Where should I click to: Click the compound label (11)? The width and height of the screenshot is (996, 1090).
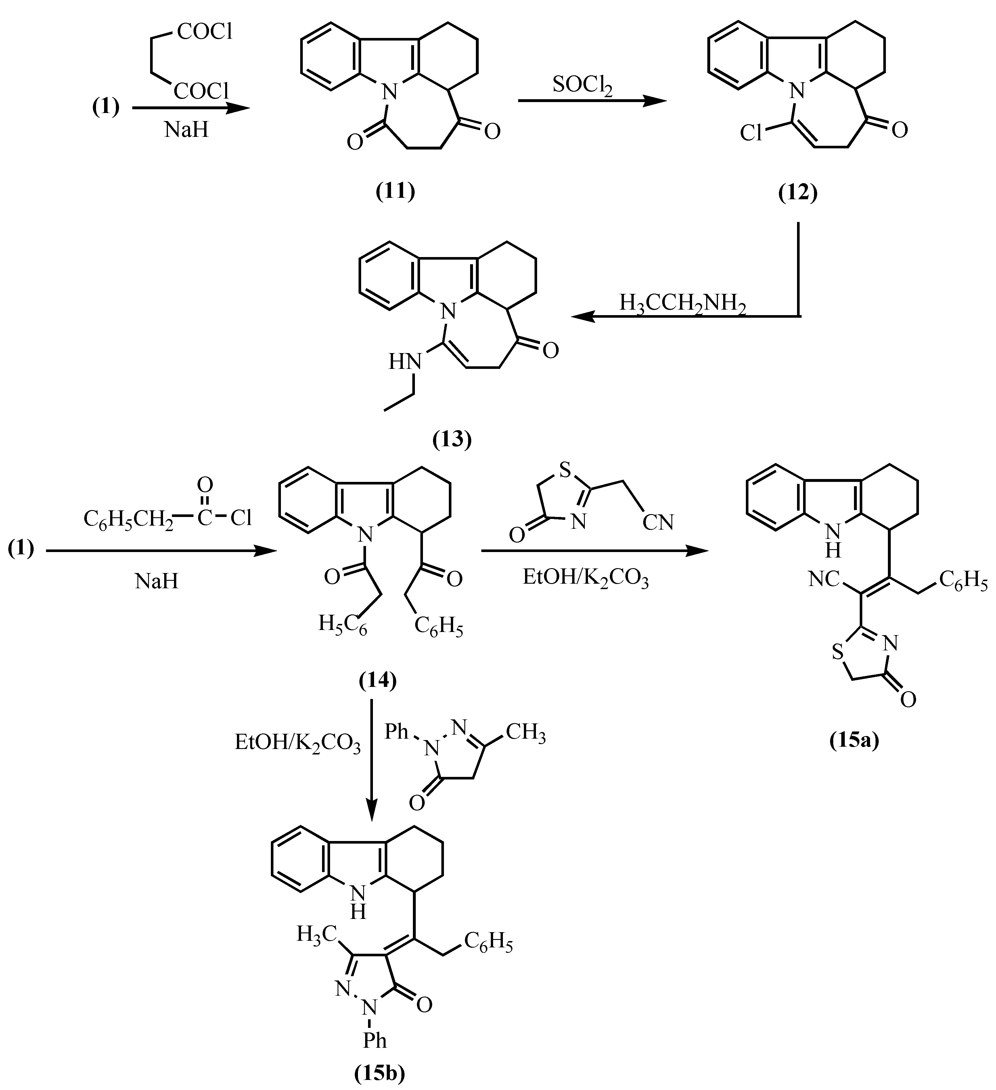tap(395, 191)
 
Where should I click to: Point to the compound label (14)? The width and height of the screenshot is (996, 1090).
tap(378, 681)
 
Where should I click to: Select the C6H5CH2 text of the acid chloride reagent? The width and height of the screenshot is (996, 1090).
tap(128, 519)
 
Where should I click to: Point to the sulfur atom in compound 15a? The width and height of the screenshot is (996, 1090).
tap(837, 653)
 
